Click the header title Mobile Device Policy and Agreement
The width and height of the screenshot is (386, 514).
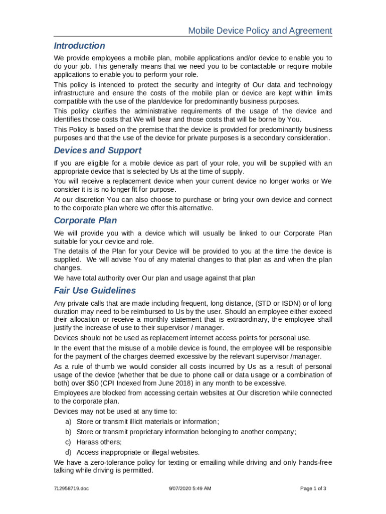tap(260, 31)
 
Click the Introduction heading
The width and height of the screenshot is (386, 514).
tap(79, 46)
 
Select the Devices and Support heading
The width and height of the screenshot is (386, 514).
tap(97, 150)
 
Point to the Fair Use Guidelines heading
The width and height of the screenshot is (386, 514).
tap(95, 291)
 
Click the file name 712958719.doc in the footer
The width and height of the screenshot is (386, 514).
tap(72, 488)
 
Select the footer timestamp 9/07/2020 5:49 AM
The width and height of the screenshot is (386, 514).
tap(189, 488)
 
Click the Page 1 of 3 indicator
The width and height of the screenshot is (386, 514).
tap(313, 488)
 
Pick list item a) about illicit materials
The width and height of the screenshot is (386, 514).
tap(147, 422)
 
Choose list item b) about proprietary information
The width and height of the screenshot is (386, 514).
tap(186, 432)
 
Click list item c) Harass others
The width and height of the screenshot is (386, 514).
tap(99, 442)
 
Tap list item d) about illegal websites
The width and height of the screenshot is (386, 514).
tap(138, 452)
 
